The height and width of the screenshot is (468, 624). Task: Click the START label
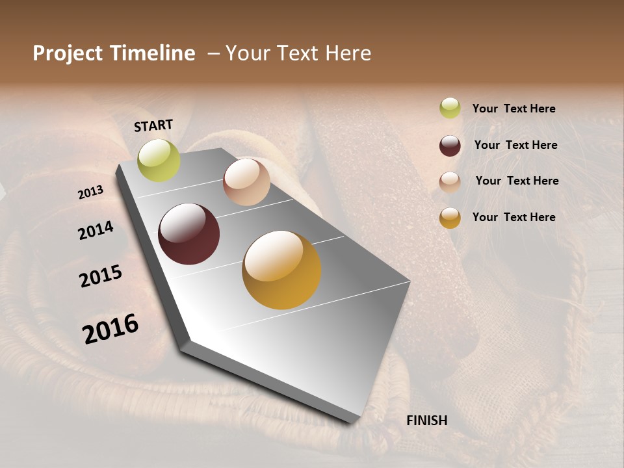tap(153, 125)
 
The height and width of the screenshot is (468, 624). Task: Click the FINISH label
tap(427, 421)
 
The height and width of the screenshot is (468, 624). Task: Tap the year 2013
tap(91, 192)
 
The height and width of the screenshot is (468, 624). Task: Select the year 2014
tap(96, 230)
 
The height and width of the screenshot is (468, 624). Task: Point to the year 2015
tap(101, 276)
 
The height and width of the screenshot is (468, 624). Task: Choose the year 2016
tap(110, 329)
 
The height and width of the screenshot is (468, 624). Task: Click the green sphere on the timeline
tap(159, 161)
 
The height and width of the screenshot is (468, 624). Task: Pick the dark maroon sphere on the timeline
tap(189, 234)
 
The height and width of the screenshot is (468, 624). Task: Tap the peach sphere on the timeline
tap(246, 182)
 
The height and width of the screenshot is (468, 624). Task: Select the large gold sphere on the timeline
tap(281, 270)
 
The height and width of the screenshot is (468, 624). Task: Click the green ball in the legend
tap(450, 108)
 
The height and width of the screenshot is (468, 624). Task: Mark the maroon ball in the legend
tap(450, 146)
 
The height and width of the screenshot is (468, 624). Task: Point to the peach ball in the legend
tap(450, 182)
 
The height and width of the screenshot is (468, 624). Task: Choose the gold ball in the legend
tap(450, 218)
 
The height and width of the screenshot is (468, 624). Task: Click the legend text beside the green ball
tap(514, 109)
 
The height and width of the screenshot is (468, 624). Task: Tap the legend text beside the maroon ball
tap(516, 145)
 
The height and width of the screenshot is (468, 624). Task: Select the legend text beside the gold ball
tap(514, 217)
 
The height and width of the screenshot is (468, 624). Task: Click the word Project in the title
tap(67, 53)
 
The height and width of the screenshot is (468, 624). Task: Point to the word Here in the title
tap(348, 53)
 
